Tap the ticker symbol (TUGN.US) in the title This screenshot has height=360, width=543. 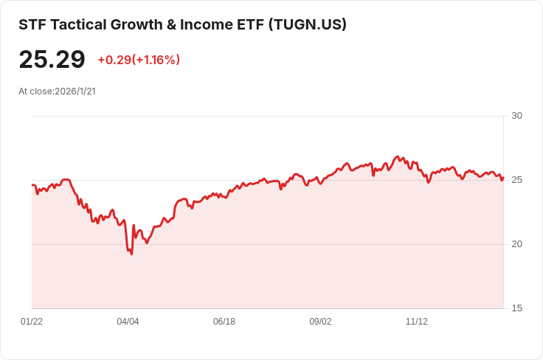(x=307, y=24)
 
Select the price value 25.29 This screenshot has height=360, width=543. (x=52, y=60)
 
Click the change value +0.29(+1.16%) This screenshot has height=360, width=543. (x=139, y=60)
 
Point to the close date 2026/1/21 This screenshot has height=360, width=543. (x=75, y=91)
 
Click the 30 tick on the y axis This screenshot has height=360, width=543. (x=516, y=116)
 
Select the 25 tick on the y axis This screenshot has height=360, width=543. (x=516, y=180)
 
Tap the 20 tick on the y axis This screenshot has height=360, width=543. (x=516, y=244)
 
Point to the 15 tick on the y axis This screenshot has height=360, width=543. (x=516, y=308)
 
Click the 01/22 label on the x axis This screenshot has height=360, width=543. (x=32, y=322)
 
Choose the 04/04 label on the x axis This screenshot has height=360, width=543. (x=128, y=322)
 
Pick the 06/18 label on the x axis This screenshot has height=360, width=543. (x=224, y=322)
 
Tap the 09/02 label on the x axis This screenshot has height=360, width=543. (x=320, y=322)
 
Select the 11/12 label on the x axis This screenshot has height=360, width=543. (x=417, y=322)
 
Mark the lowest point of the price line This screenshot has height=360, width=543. (x=131, y=254)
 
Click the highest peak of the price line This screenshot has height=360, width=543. (x=398, y=156)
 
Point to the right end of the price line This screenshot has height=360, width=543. (x=503, y=176)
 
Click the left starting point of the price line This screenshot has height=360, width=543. (x=32, y=185)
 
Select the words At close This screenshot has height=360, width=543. (x=35, y=91)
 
